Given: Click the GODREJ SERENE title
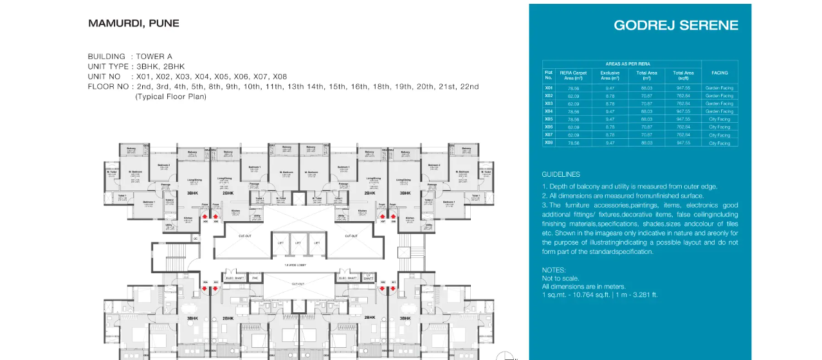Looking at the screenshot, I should [676, 26].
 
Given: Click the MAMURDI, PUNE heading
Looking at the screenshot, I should [134, 24].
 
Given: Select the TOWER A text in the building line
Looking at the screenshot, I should [154, 57].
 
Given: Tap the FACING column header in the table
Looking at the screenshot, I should [719, 73].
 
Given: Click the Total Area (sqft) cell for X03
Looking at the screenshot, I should [683, 104].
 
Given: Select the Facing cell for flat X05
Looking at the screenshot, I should [719, 119].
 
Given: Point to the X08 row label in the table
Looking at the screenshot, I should [549, 143].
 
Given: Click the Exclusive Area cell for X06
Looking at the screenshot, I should [610, 127].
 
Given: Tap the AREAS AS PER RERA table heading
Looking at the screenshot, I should [628, 64].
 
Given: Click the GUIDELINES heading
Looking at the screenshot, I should [561, 174].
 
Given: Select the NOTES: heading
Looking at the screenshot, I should [554, 270].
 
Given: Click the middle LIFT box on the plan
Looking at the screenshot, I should [298, 243].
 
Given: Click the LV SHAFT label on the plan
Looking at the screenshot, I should [368, 277].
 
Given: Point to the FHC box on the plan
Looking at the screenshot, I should [255, 278].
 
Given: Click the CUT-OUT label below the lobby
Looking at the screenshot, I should [298, 284].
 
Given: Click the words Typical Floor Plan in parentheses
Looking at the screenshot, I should [170, 96].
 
